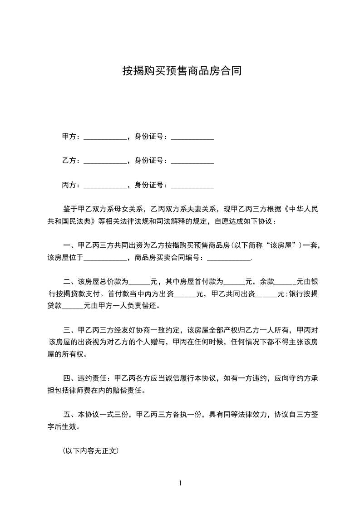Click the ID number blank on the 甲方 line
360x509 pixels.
[x=192, y=137]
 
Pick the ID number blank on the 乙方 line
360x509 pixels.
[x=192, y=161]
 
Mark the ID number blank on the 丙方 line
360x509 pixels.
[x=192, y=186]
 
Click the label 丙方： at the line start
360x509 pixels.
[x=71, y=185]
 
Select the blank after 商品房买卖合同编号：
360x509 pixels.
[x=229, y=259]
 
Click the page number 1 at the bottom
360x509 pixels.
[x=180, y=483]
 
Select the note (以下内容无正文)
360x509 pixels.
[x=91, y=451]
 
